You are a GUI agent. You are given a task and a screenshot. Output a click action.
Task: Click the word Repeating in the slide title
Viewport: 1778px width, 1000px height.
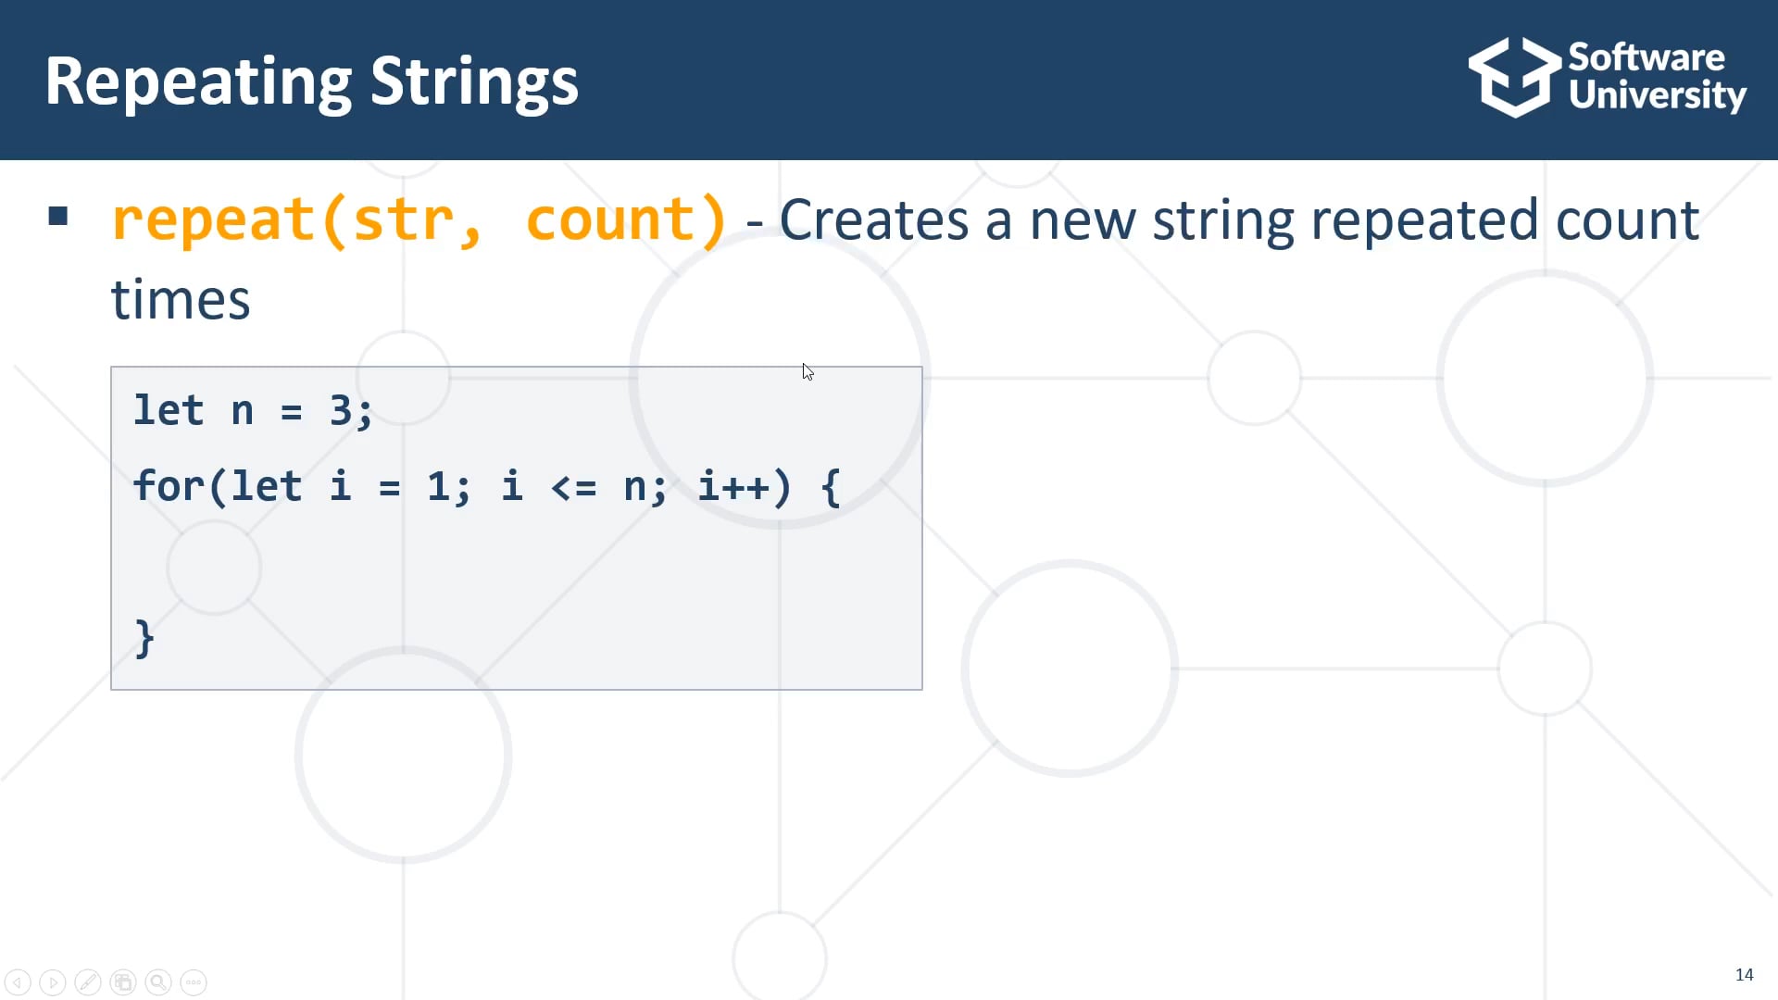(198, 81)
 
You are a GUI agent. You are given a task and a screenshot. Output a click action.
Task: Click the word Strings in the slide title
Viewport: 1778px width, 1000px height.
(474, 81)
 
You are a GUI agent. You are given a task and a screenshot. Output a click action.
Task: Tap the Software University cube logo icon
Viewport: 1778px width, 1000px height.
(1513, 78)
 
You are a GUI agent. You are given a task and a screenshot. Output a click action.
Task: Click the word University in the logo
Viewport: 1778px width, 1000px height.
(1657, 96)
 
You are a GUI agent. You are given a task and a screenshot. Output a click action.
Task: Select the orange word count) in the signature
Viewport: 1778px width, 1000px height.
(626, 220)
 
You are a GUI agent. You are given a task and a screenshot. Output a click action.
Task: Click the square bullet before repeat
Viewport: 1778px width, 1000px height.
(58, 217)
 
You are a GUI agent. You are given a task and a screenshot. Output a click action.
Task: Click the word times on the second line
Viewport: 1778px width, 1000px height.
(181, 300)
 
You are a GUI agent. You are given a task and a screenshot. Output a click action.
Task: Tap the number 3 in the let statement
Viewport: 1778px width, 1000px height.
(341, 410)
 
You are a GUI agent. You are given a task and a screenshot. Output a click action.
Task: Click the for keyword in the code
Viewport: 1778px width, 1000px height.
(169, 486)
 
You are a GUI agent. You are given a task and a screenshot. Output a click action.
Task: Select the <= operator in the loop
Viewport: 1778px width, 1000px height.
(573, 487)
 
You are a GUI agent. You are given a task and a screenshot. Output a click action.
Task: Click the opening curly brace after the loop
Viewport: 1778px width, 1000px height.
(831, 487)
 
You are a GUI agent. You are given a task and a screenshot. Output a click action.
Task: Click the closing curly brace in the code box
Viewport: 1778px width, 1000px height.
(144, 639)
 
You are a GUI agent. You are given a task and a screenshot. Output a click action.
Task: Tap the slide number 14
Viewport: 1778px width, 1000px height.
(1744, 974)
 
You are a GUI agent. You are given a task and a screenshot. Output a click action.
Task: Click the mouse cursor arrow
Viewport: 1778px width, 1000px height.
(808, 371)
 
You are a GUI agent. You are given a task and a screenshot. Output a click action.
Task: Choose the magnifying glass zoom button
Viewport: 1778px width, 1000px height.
(158, 981)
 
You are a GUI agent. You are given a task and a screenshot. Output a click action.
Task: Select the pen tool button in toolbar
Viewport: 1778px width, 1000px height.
(88, 981)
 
